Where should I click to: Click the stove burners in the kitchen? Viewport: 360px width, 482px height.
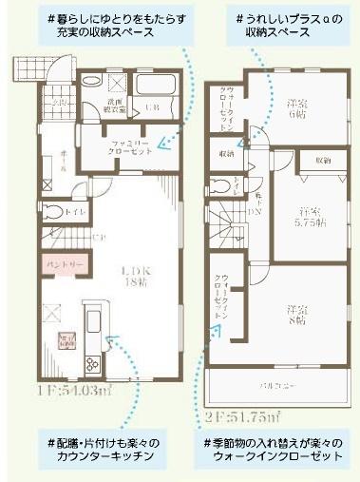pyautogui.click(x=93, y=363)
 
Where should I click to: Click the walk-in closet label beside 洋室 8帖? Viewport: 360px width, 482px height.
pyautogui.click(x=224, y=293)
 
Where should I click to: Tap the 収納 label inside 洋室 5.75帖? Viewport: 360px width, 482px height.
pyautogui.click(x=323, y=162)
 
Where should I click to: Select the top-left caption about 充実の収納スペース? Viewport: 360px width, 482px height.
pyautogui.click(x=101, y=26)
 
